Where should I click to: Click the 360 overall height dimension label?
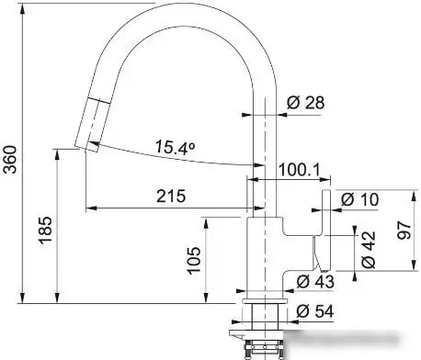pos(10,159)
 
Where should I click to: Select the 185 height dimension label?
pos(45,231)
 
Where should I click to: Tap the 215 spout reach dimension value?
pos(171,196)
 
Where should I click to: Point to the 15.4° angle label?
pos(176,147)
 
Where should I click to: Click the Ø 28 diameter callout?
pos(305,102)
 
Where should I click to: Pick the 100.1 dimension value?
pos(299,170)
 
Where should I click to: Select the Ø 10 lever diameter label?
pos(360,199)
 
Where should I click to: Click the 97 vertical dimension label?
pos(404,231)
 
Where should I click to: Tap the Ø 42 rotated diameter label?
pos(368,250)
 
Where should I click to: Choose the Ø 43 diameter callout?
pos(315,281)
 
